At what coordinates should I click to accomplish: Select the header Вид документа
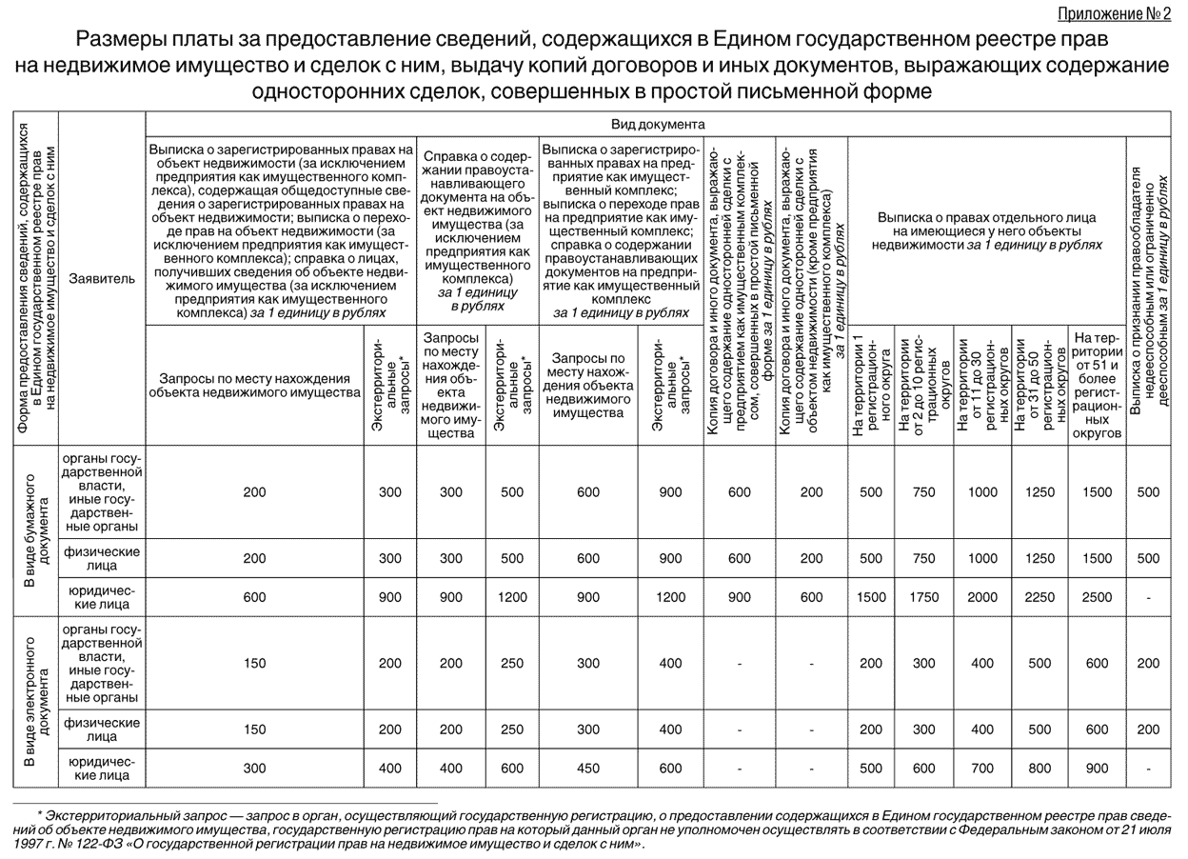658,124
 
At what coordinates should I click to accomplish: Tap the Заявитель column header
101,279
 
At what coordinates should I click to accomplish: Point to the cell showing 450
590,769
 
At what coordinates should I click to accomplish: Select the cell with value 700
982,769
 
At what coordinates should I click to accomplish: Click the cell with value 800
1039,769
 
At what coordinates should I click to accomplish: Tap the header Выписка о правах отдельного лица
986,230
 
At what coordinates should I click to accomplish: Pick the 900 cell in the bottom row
1097,769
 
